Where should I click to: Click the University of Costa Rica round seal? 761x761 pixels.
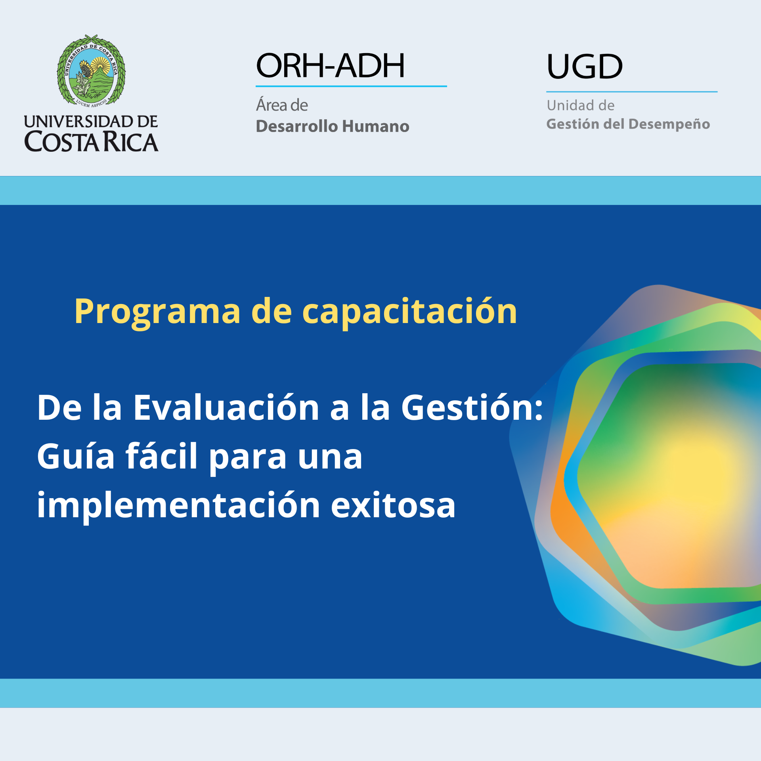click(91, 71)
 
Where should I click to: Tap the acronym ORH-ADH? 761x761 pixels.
click(331, 65)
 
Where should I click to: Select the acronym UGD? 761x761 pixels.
click(585, 66)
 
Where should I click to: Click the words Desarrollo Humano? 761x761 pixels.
click(333, 126)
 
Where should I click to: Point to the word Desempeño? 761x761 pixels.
click(669, 124)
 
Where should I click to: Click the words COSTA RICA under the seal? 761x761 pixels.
click(91, 142)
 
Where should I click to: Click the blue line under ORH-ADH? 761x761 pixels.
click(351, 86)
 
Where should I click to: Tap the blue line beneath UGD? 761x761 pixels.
click(632, 92)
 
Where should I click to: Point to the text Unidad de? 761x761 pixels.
click(581, 105)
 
